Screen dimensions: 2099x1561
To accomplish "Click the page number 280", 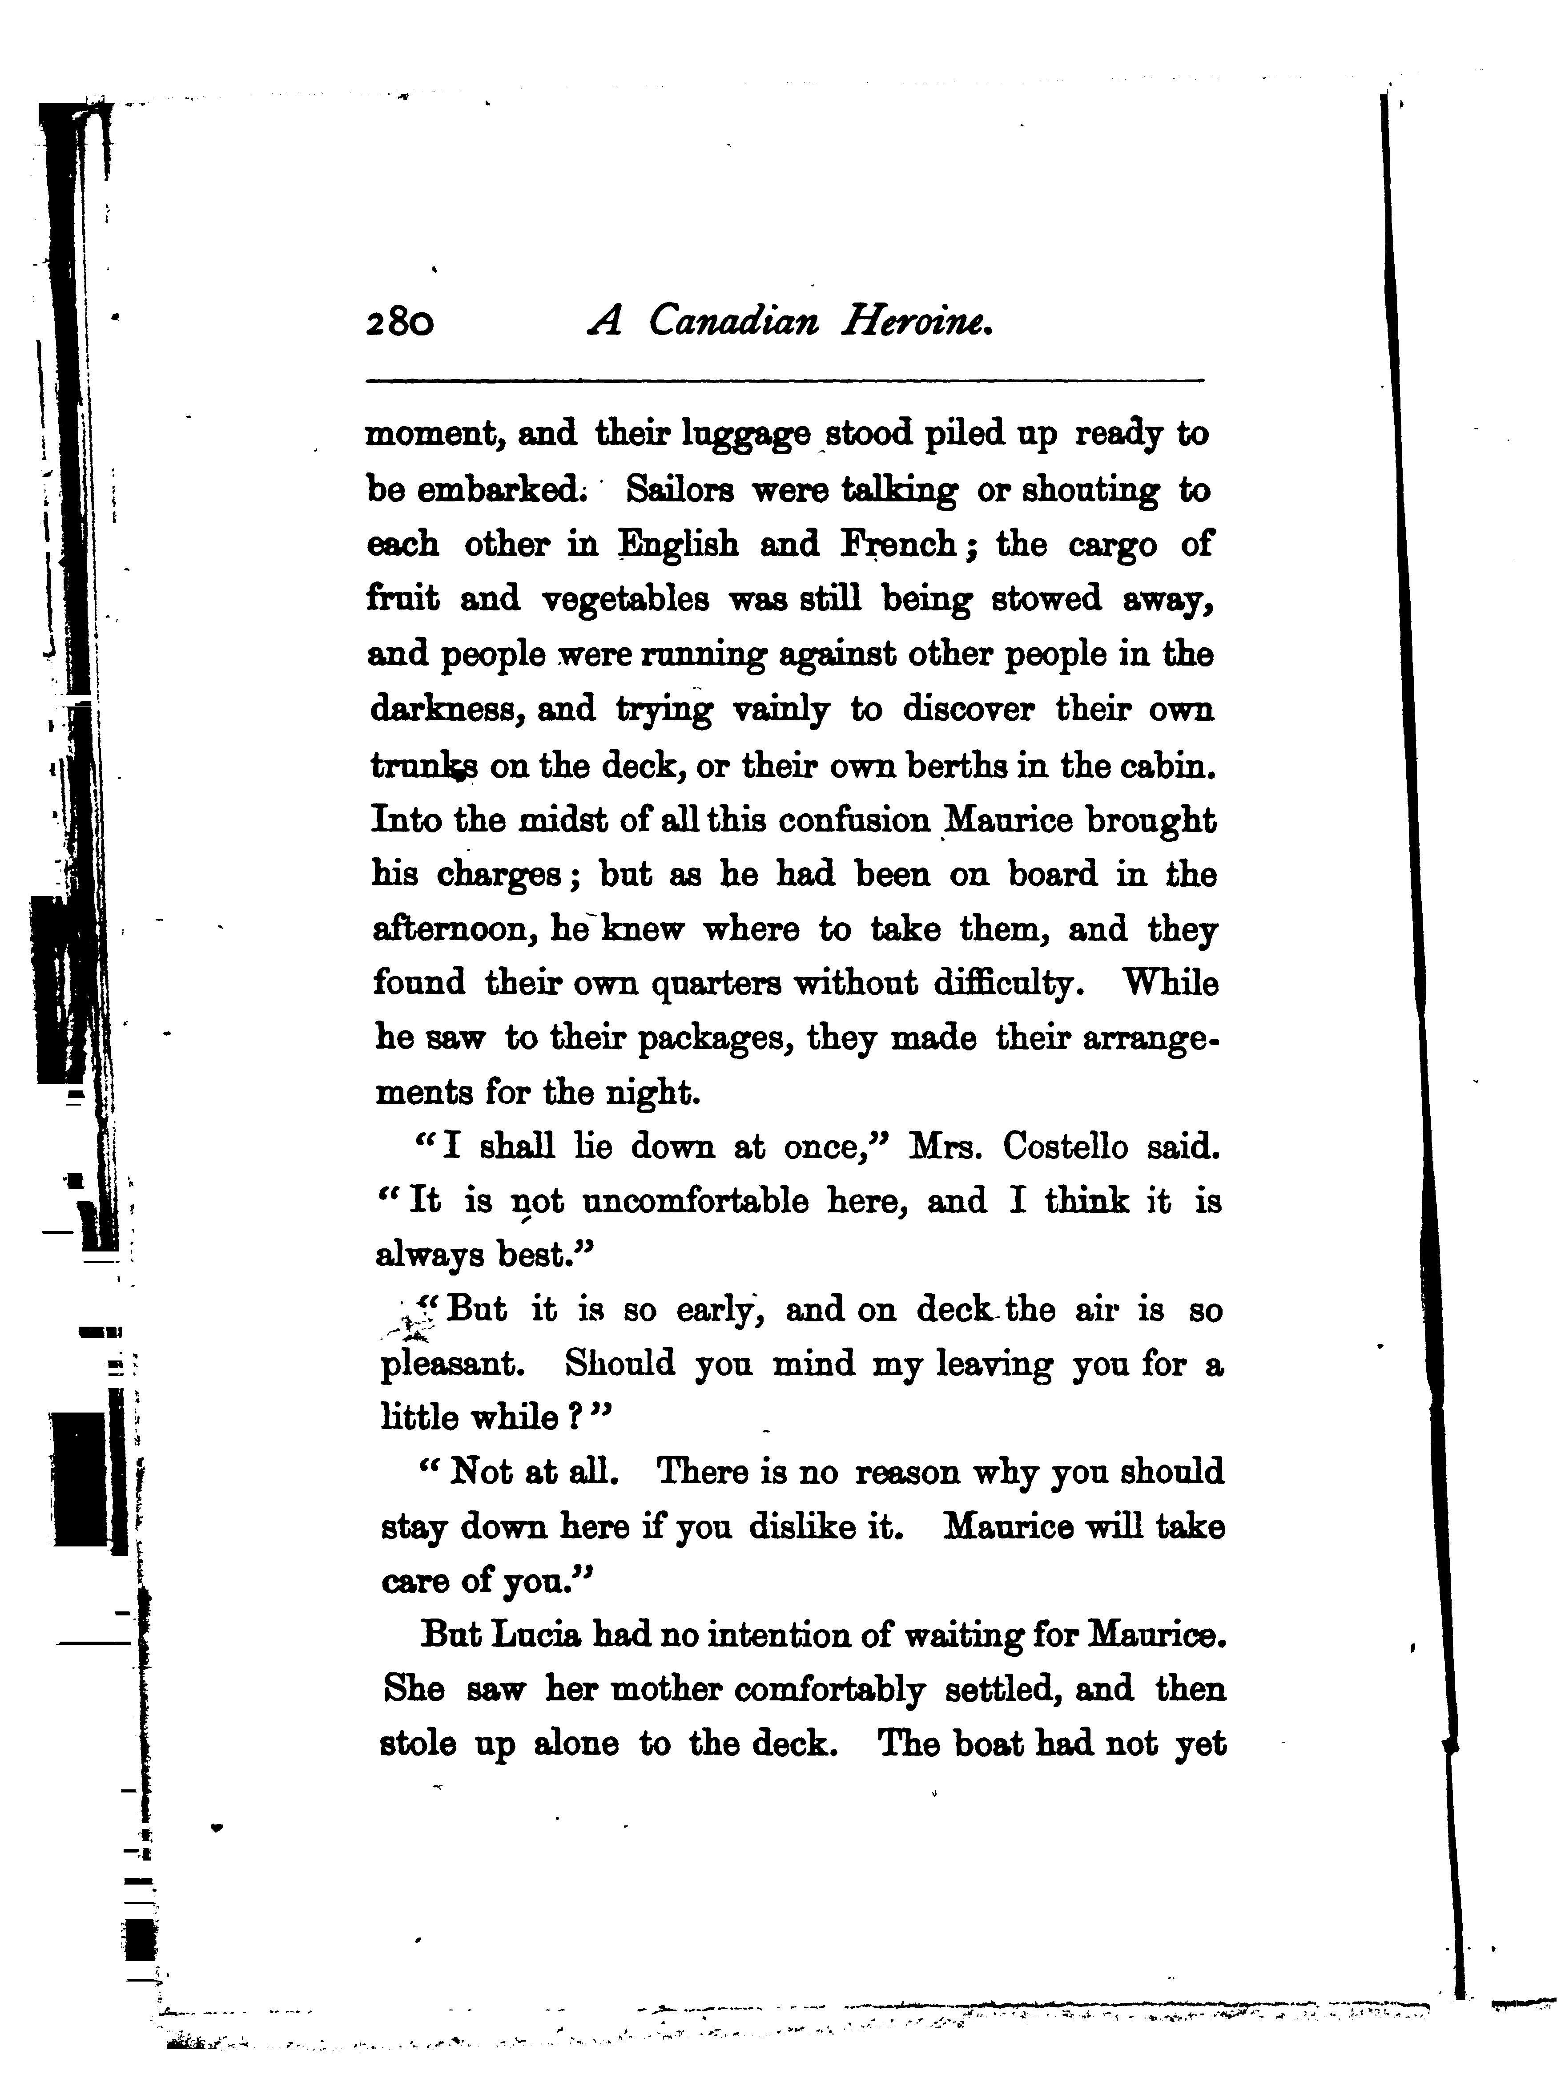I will tap(400, 324).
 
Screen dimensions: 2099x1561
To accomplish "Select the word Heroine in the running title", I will tap(917, 324).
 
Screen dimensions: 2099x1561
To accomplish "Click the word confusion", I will tap(854, 819).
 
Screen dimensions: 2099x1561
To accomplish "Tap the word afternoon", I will tap(455, 930).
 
